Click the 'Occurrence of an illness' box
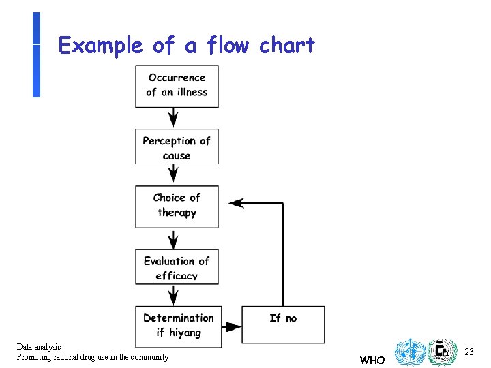[177, 86]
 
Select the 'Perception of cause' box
[177, 147]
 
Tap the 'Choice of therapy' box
[177, 205]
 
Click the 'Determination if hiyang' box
[178, 326]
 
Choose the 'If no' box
[283, 325]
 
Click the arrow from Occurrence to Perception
[174, 117]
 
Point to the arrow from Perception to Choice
[174, 174]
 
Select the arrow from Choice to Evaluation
[174, 239]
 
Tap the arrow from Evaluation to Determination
[174, 295]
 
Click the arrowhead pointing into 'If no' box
[234, 326]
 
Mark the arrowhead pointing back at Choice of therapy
[237, 203]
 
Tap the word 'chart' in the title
[286, 46]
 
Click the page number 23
[468, 352]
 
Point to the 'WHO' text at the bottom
[372, 360]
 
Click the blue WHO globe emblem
[409, 352]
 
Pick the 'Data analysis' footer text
[39, 347]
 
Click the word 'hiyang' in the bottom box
[185, 333]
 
